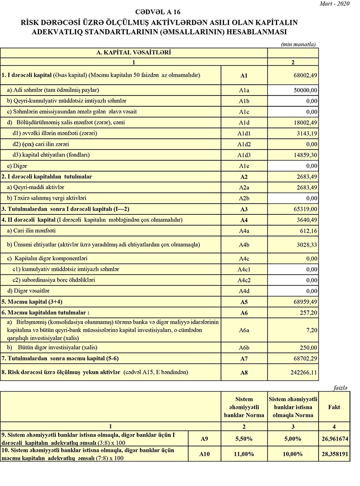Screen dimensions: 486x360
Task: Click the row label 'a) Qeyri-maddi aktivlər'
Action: pos(36,187)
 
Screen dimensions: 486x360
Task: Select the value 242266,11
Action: pos(304,373)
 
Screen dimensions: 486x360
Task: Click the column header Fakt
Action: pos(334,407)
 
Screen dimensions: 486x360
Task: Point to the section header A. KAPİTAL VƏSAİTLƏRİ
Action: pos(134,52)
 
